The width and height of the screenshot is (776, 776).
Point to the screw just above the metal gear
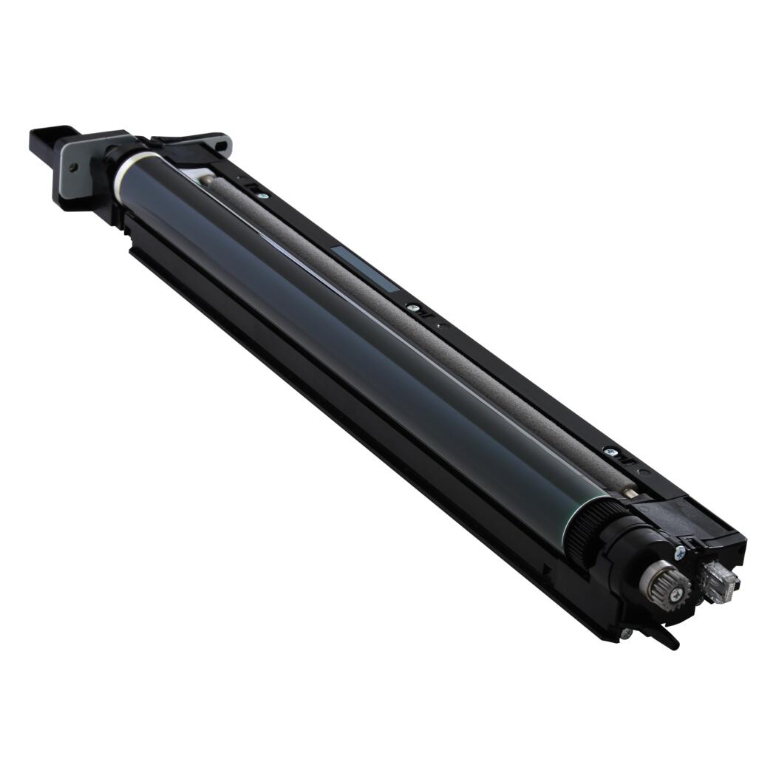tap(679, 550)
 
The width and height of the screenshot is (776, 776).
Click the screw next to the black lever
tap(626, 633)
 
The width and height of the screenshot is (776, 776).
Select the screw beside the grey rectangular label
tap(412, 307)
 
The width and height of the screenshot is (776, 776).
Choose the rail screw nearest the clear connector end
tap(610, 449)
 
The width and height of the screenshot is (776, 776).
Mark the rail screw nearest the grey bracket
tap(261, 195)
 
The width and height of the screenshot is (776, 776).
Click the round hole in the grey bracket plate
tap(73, 168)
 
